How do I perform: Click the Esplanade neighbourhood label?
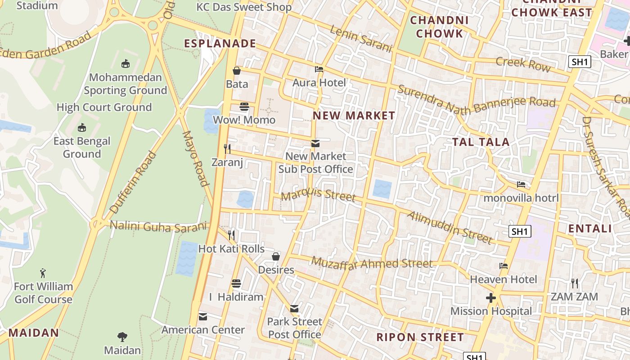220,44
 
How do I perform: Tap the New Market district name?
354,116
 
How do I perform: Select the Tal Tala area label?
481,142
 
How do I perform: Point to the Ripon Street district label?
420,337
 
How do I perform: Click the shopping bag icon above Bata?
237,71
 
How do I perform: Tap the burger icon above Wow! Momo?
244,107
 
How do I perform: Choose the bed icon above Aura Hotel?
319,69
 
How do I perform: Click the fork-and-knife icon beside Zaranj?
227,148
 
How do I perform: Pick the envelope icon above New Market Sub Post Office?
315,144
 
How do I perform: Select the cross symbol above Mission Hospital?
491,298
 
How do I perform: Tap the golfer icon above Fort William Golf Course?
43,273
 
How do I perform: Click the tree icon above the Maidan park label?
122,337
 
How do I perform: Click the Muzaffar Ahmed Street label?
372,263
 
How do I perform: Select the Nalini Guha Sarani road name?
158,226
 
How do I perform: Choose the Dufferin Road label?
134,182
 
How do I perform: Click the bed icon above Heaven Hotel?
504,266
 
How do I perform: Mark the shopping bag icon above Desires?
276,256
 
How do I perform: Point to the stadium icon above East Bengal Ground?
81,128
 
